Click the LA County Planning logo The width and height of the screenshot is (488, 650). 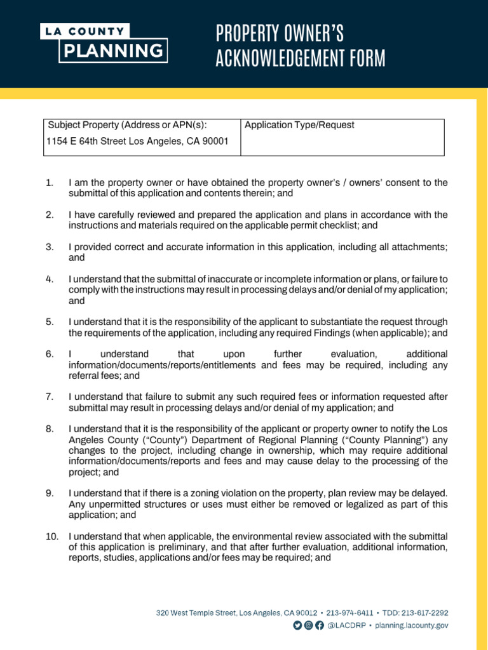click(x=104, y=43)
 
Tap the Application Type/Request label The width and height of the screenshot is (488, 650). click(x=299, y=125)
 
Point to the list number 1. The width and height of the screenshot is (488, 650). click(x=50, y=183)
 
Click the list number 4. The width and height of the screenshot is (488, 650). click(x=50, y=279)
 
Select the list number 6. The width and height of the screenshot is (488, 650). click(x=50, y=354)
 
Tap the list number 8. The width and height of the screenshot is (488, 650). click(x=50, y=428)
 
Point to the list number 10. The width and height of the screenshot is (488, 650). click(x=52, y=536)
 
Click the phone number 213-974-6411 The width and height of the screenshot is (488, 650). click(x=349, y=613)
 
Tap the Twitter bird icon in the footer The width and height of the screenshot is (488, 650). click(x=297, y=625)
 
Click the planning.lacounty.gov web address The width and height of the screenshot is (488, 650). click(x=412, y=625)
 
